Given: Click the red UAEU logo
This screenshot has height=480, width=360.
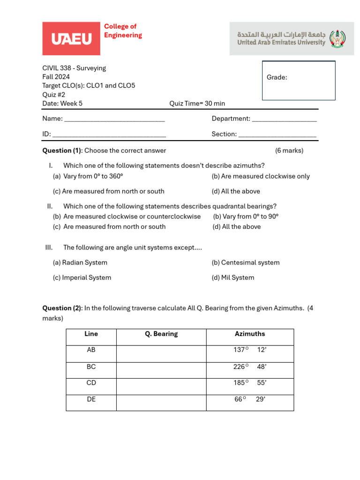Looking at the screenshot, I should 71,38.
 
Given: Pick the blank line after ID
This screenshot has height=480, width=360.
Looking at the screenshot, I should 109,135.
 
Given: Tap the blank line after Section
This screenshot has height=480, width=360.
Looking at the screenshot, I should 277,135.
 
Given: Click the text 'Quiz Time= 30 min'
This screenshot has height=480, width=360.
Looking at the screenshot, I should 197,104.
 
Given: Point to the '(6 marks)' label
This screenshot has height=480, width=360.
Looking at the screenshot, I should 289,150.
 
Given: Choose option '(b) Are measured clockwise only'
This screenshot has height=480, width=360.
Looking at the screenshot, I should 261,176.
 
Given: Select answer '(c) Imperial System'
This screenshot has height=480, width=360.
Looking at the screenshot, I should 82,277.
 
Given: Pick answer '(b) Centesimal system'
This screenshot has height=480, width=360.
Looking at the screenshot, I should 246,262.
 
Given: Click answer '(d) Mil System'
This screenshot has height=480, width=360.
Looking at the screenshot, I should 233,277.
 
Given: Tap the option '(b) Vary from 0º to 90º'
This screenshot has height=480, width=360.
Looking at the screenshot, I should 246,217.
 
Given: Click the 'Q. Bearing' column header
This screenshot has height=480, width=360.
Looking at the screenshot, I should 161,334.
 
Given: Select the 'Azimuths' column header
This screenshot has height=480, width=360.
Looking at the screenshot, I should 249,334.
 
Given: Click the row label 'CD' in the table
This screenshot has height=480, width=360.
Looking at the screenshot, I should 91,383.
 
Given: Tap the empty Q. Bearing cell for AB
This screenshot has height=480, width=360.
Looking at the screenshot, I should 161,354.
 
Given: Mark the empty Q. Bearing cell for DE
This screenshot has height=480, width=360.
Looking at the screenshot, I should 161,403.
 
